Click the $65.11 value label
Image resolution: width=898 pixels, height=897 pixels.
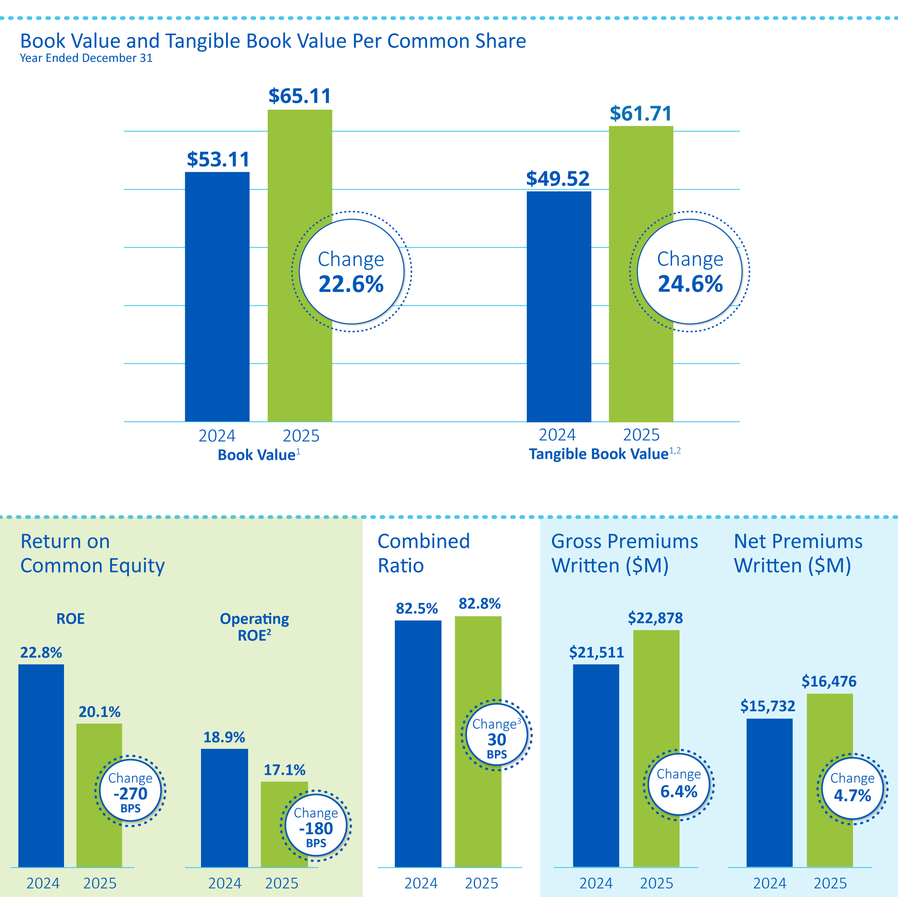pos(299,96)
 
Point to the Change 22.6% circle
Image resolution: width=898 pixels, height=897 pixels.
pos(351,271)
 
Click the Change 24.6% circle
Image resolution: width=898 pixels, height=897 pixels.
pos(690,271)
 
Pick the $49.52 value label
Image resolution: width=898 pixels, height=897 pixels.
pos(558,179)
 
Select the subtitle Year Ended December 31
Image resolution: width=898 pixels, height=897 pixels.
pos(86,58)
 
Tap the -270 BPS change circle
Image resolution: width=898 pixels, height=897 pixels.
pos(131,790)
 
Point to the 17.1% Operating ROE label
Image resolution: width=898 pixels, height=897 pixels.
pos(284,770)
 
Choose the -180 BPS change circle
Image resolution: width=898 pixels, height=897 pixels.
pos(316,825)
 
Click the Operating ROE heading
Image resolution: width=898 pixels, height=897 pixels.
pos(254,627)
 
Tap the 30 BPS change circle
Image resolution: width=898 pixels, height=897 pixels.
pos(496,735)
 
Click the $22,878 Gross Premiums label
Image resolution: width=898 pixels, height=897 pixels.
pos(655,618)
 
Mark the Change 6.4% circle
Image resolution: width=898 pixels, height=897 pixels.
pos(679,785)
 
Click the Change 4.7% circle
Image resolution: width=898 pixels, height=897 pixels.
pos(852,789)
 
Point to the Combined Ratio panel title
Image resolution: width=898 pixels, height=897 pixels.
pos(423,553)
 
